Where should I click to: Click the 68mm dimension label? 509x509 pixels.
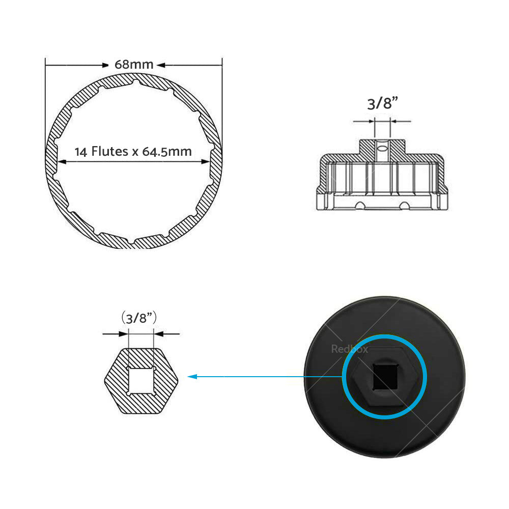click(134, 65)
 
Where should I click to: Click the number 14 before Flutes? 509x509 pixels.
click(80, 152)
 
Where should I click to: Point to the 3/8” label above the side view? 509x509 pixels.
click(382, 104)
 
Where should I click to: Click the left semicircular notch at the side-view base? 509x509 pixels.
click(360, 205)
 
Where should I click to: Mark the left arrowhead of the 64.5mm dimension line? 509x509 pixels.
click(61, 162)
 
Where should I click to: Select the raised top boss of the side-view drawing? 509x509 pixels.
click(382, 148)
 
